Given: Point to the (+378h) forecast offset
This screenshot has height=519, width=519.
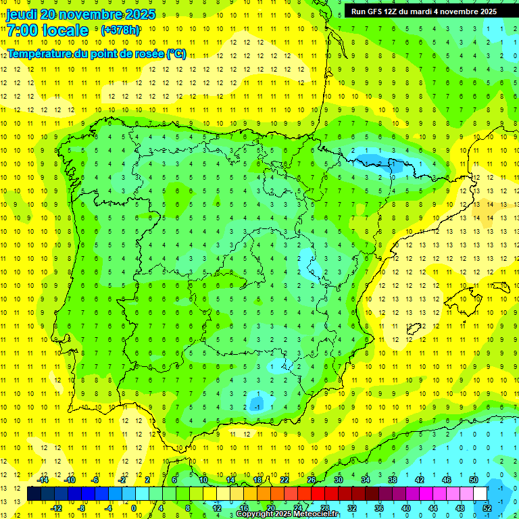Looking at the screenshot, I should [120, 30].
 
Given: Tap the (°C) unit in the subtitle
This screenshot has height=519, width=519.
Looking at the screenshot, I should [175, 54].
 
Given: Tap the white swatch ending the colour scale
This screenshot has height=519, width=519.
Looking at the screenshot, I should [480, 495].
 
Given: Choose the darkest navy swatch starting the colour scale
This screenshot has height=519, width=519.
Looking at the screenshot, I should [34, 495].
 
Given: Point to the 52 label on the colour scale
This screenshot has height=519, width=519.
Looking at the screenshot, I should [487, 507].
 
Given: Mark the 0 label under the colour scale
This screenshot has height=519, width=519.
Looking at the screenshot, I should [133, 508].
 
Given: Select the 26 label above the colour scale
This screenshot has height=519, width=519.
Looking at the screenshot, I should [312, 479].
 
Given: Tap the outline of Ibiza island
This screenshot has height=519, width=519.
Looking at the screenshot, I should [414, 329].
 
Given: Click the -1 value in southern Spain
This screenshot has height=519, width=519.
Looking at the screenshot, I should [257, 407].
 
